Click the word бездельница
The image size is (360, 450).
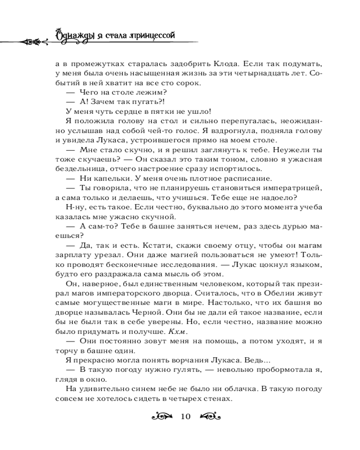(79, 169)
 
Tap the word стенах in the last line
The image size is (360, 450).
(218, 399)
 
